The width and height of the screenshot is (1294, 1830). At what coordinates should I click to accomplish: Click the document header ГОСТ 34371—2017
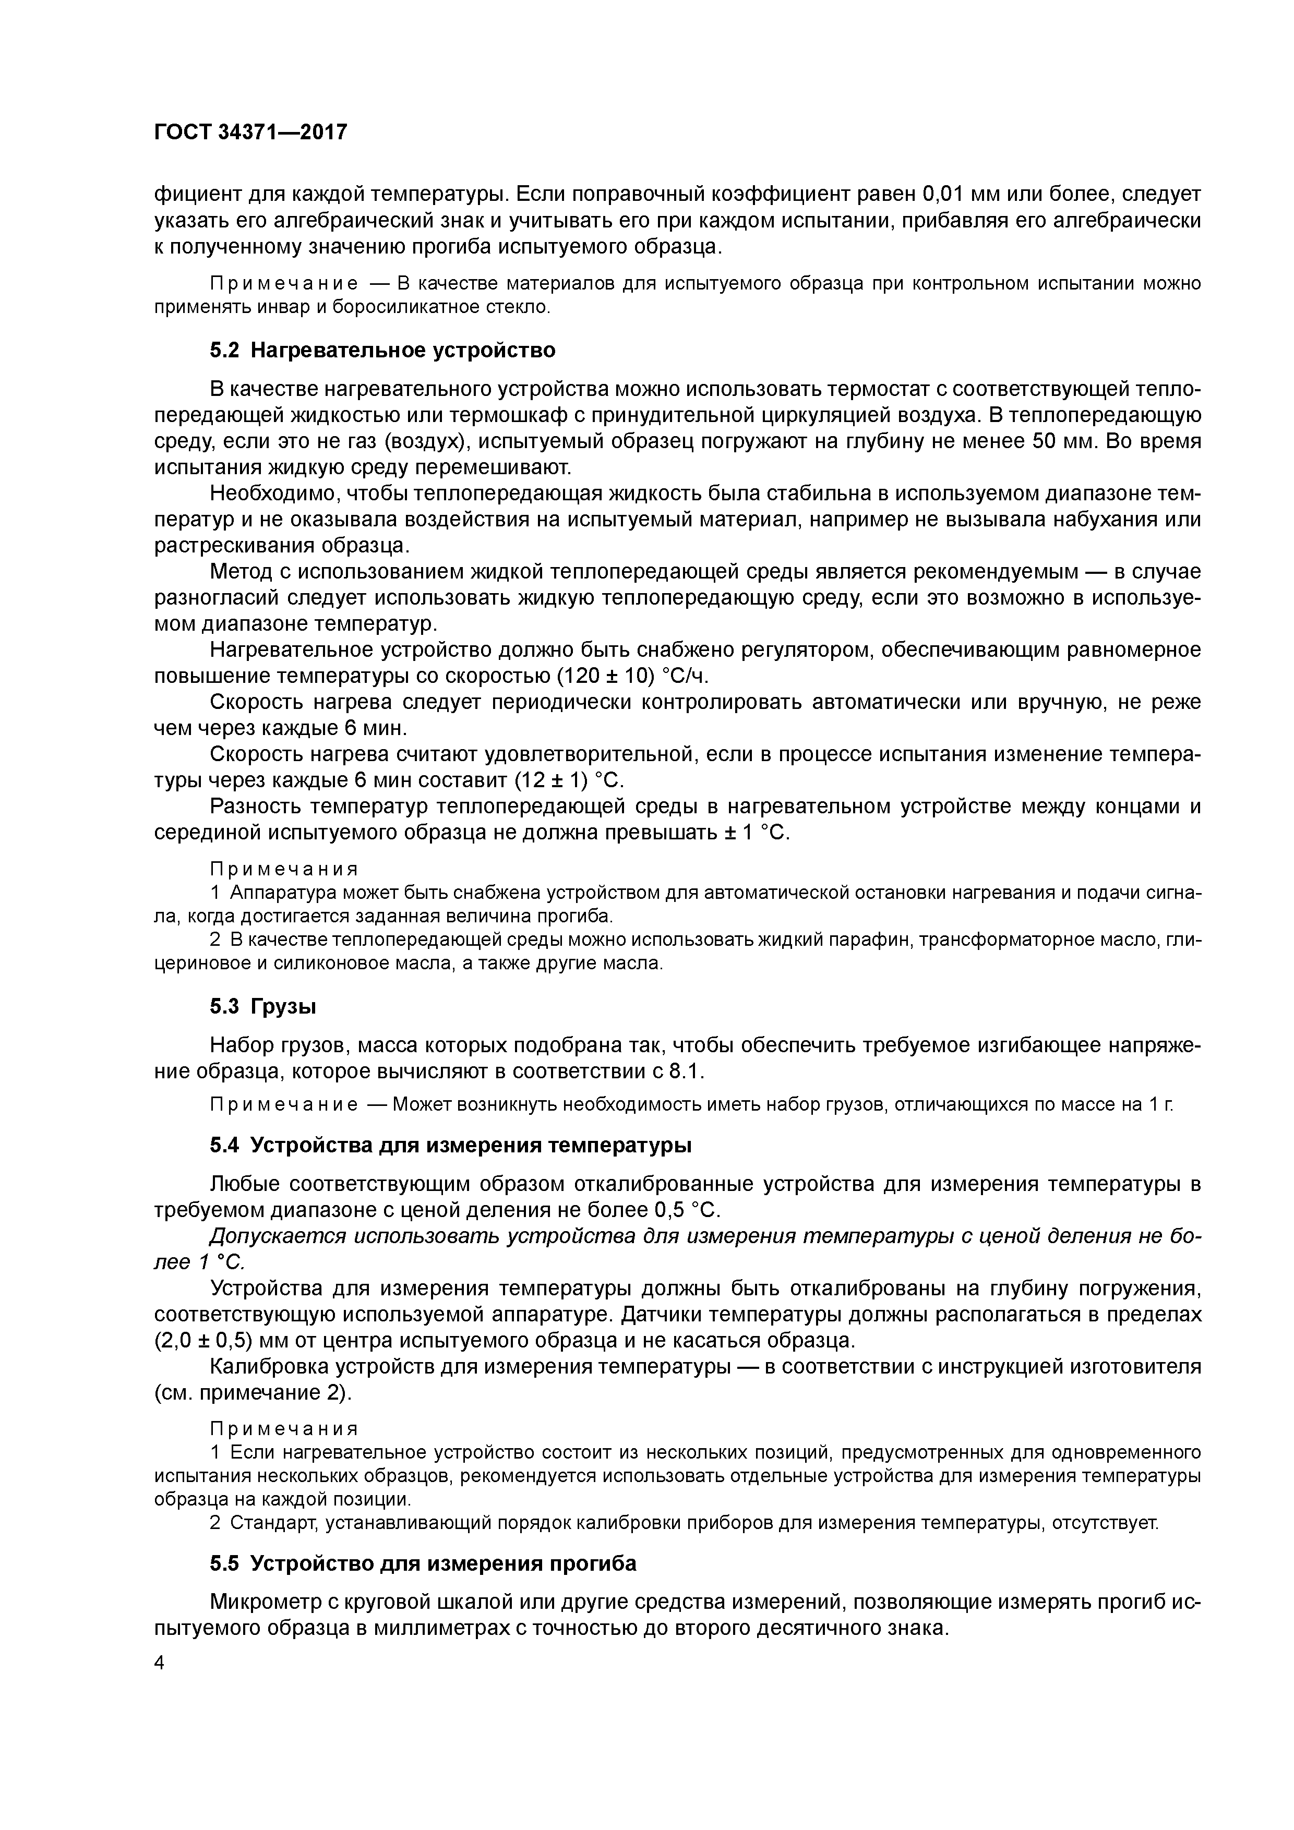[x=250, y=131]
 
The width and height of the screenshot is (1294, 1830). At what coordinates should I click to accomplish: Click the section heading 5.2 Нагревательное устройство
[x=382, y=350]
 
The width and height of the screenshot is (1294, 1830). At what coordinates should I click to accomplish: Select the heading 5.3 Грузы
[x=263, y=1007]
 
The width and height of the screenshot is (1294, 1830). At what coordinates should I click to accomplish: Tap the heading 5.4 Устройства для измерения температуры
[x=450, y=1146]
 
